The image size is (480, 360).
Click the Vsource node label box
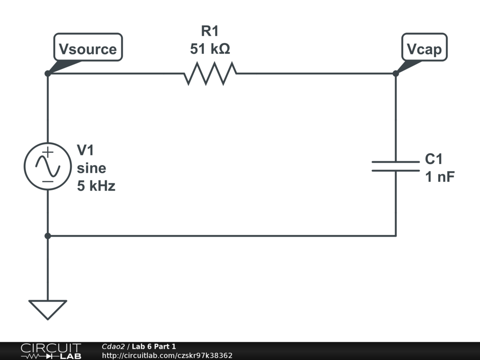pyautogui.click(x=88, y=48)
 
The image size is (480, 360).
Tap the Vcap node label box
pyautogui.click(x=424, y=48)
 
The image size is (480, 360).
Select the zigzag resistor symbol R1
pyautogui.click(x=210, y=74)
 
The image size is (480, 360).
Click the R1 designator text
pyautogui.click(x=210, y=31)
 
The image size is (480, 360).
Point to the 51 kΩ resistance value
pyautogui.click(x=210, y=48)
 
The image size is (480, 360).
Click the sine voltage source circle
pyautogui.click(x=48, y=166)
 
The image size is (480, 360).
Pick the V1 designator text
pyautogui.click(x=85, y=150)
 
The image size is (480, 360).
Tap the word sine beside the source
pyautogui.click(x=91, y=168)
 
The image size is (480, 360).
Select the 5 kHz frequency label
pyautogui.click(x=96, y=186)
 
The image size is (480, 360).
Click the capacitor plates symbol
pyautogui.click(x=396, y=166)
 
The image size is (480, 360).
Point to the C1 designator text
pyautogui.click(x=434, y=159)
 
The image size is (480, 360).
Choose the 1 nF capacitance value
pyautogui.click(x=440, y=177)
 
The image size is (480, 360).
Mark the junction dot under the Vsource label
pyautogui.click(x=48, y=74)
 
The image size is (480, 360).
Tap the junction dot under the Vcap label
pyautogui.click(x=396, y=74)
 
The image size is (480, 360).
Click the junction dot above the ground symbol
pyautogui.click(x=48, y=236)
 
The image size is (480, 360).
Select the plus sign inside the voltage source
pyautogui.click(x=48, y=153)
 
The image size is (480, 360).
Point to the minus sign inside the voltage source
pyautogui.click(x=48, y=181)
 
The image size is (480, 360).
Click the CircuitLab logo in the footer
pyautogui.click(x=51, y=351)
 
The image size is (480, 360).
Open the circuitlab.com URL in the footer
pyautogui.click(x=167, y=356)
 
